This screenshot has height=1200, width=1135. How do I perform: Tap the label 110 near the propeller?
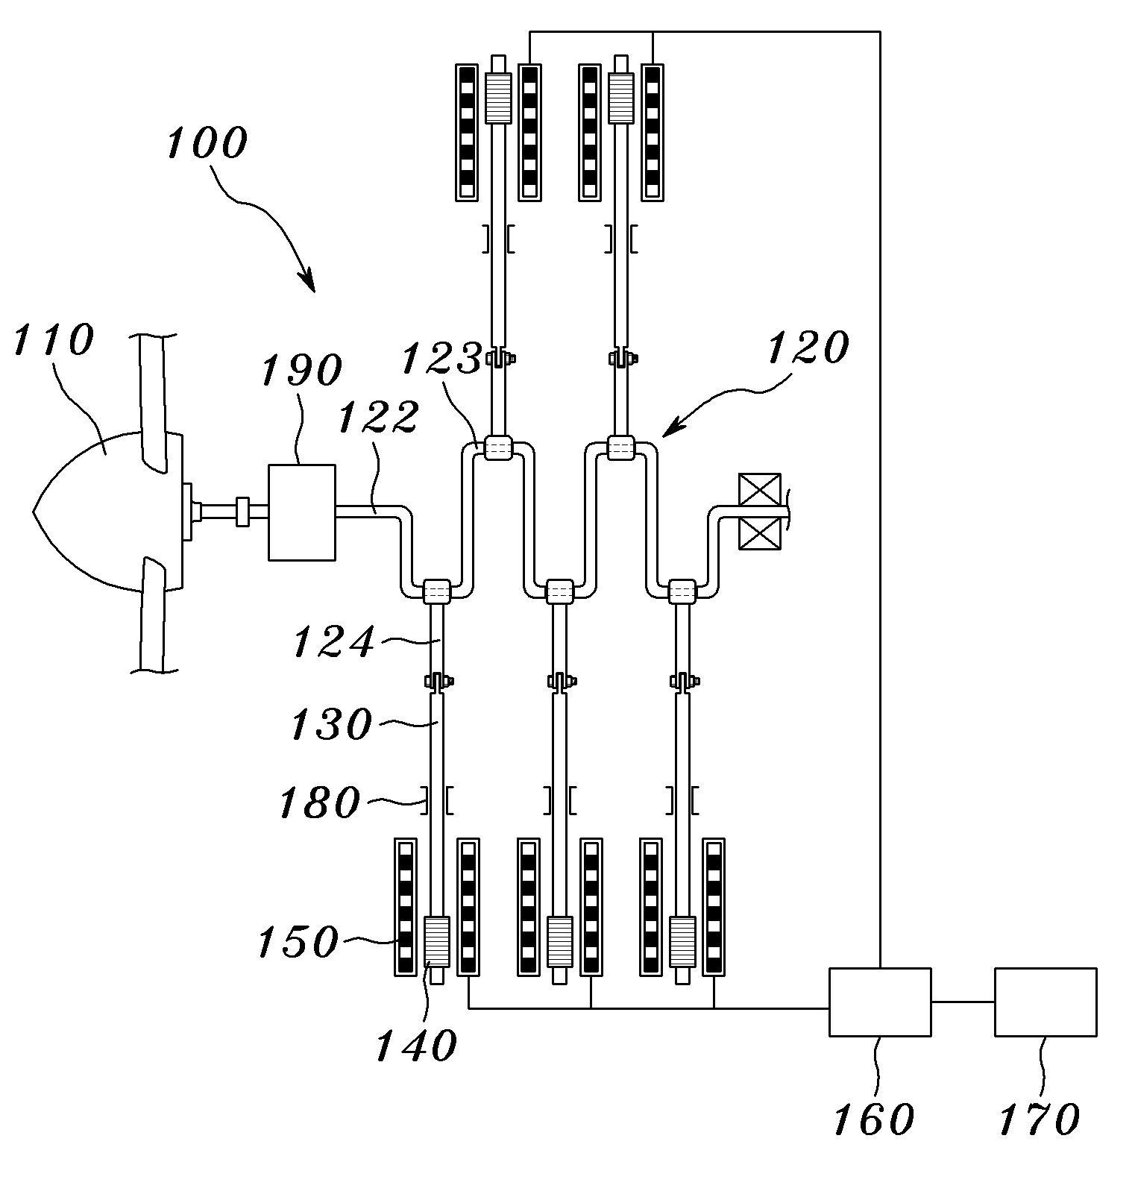click(54, 340)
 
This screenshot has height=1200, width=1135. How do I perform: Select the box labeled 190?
click(301, 512)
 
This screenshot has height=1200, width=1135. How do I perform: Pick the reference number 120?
click(808, 347)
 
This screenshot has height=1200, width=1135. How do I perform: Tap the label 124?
click(333, 641)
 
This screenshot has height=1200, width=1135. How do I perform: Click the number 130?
click(330, 723)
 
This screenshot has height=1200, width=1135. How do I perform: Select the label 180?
click(319, 802)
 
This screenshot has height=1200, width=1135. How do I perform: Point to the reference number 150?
click(298, 941)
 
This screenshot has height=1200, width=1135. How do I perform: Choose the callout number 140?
click(415, 1045)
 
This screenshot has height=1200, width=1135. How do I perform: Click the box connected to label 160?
click(880, 1002)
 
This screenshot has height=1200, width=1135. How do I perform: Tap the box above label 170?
click(1046, 1002)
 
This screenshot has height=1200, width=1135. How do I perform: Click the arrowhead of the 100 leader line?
click(308, 282)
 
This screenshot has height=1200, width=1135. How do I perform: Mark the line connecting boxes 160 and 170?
click(963, 1002)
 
